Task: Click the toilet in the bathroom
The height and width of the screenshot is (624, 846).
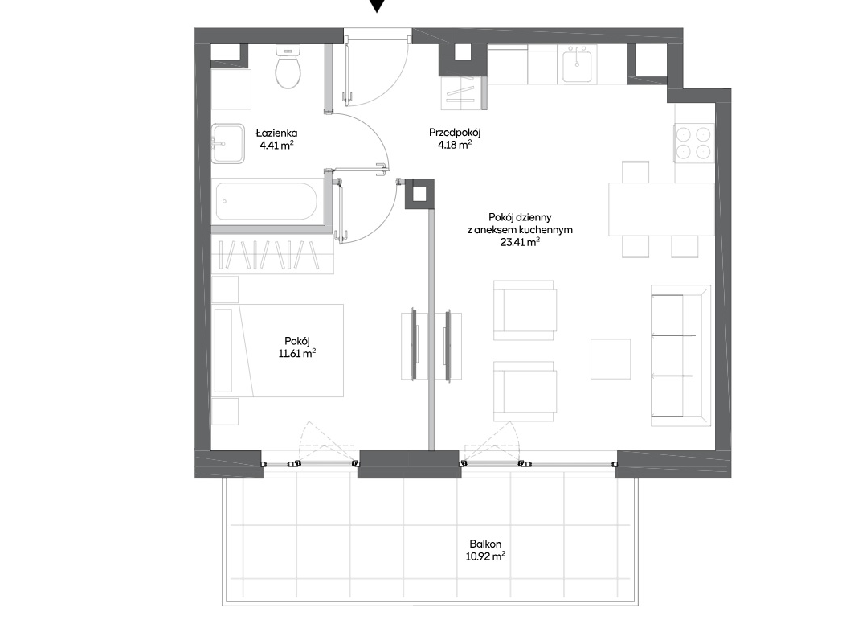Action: tap(287, 67)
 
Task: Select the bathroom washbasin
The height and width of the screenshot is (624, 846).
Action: tap(227, 143)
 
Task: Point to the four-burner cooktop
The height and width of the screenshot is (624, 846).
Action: tap(694, 143)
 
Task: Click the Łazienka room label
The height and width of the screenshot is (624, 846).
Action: tap(276, 133)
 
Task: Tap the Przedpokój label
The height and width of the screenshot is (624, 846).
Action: tap(455, 132)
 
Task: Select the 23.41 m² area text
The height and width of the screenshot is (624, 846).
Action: tap(520, 242)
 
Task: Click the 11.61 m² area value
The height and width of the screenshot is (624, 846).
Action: tap(296, 354)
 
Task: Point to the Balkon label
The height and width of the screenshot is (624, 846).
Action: tap(485, 544)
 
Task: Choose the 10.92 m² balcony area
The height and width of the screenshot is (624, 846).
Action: tap(485, 556)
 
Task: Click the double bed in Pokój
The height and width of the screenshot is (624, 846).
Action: tap(278, 351)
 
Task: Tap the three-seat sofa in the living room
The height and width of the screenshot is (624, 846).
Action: tap(680, 355)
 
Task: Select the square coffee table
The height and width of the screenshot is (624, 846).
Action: tap(611, 359)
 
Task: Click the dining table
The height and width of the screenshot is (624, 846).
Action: tap(661, 209)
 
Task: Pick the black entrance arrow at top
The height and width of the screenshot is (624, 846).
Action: tap(378, 6)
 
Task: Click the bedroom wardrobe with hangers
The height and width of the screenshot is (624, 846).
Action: tap(272, 254)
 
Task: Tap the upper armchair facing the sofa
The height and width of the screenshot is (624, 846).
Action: tap(525, 310)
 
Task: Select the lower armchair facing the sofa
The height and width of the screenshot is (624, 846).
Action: tap(525, 392)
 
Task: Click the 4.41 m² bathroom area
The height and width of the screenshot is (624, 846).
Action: tap(276, 146)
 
